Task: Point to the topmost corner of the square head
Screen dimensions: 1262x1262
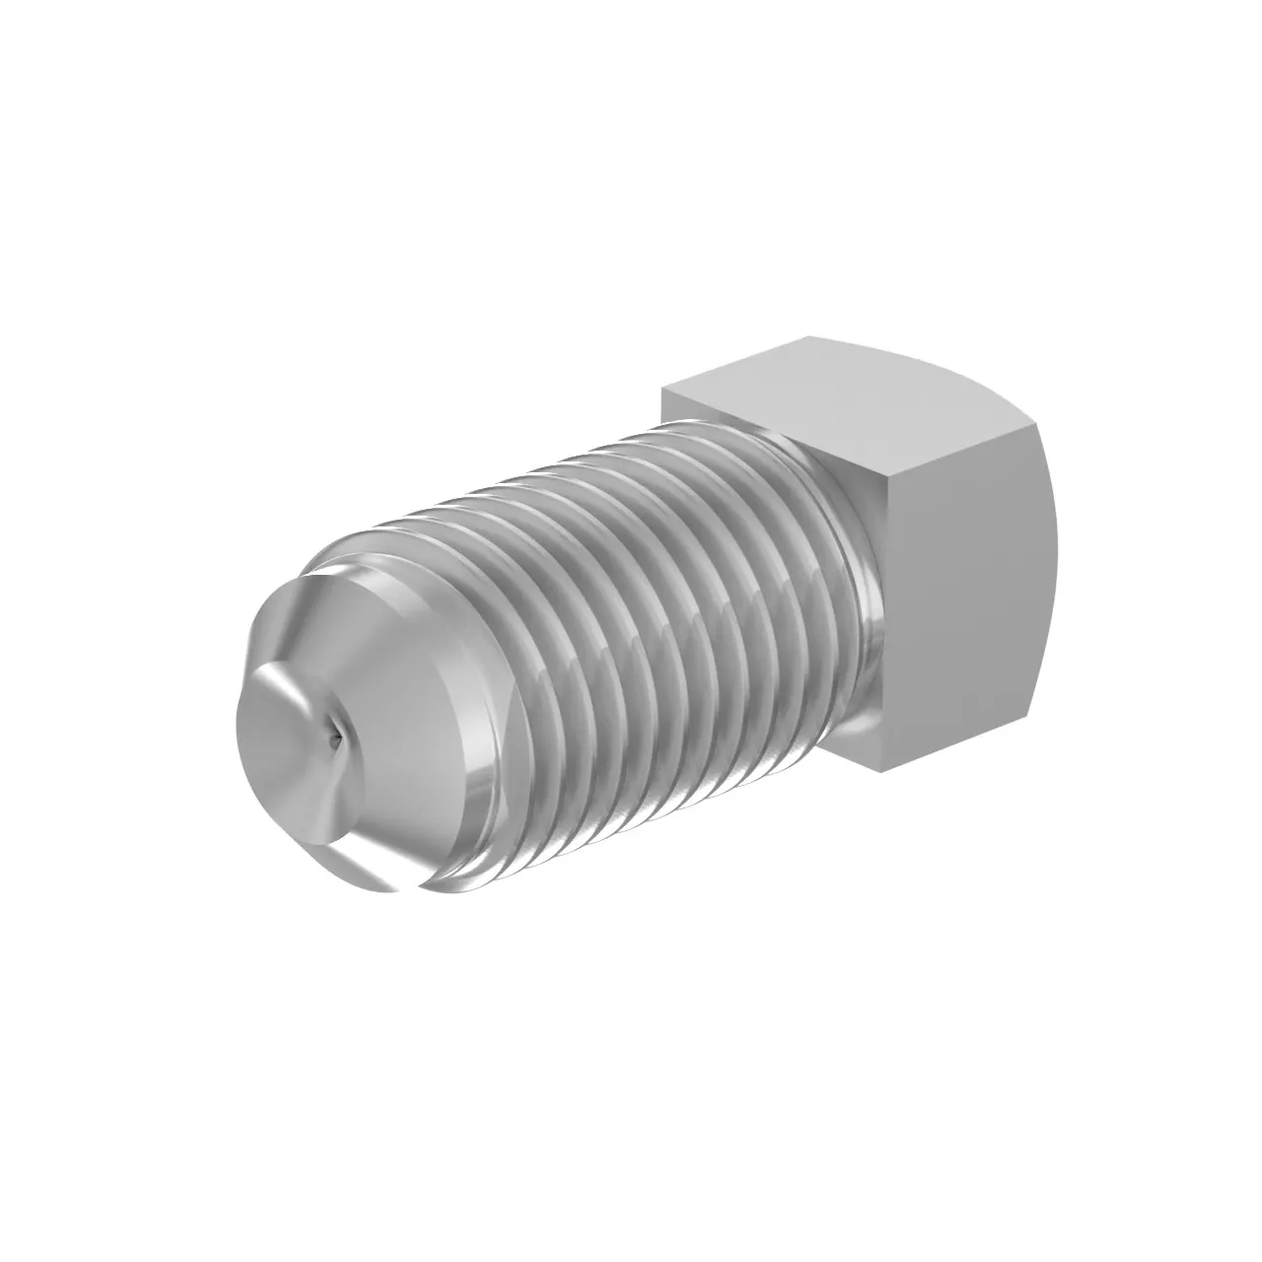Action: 810,338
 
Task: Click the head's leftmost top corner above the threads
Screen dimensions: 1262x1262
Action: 663,389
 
